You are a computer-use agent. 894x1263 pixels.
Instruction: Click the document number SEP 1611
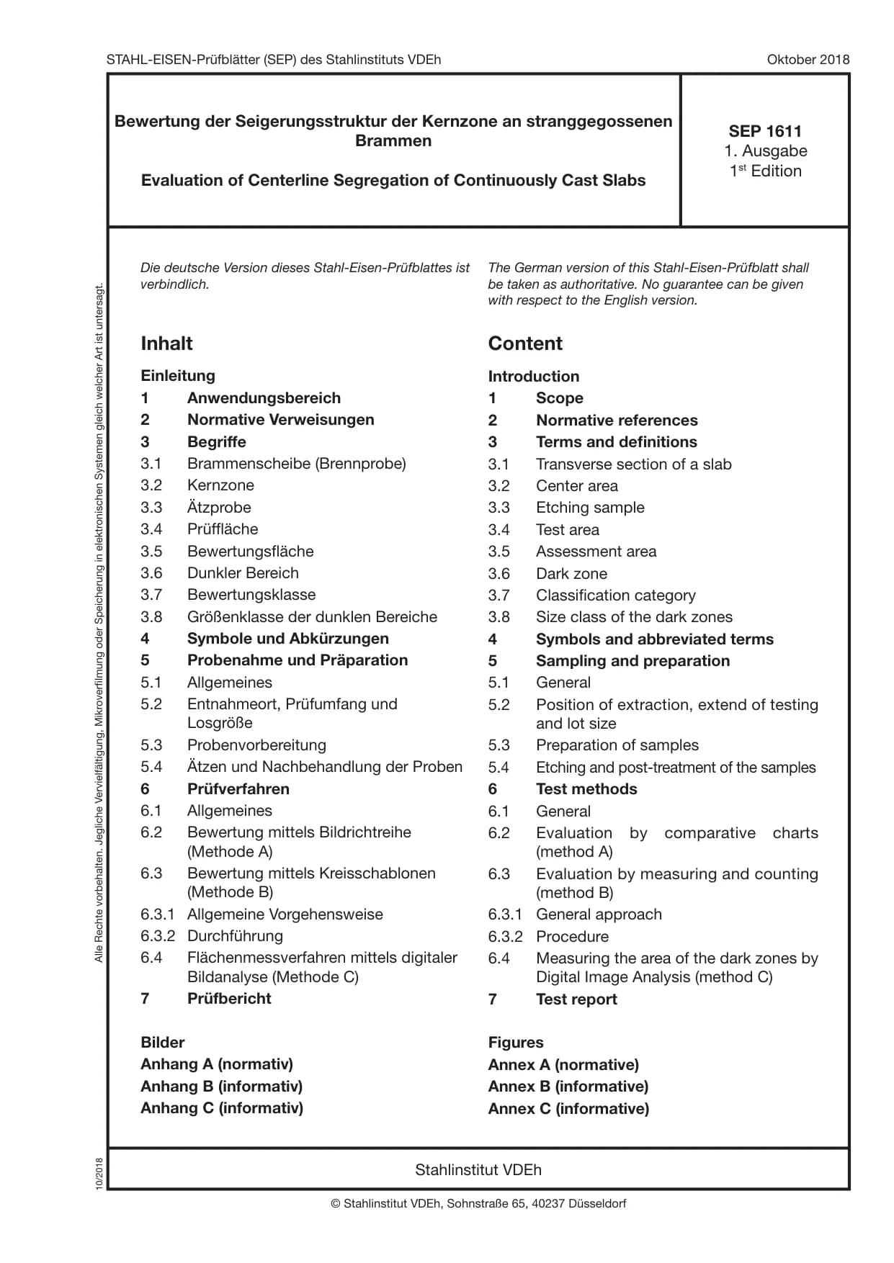point(764,131)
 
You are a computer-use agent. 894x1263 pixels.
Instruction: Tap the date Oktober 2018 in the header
point(808,60)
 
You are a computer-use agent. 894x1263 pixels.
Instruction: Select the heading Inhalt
point(166,343)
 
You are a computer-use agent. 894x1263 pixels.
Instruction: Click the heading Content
point(524,343)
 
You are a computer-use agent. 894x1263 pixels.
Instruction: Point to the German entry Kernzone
point(220,485)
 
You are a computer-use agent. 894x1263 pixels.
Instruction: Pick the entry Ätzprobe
point(219,507)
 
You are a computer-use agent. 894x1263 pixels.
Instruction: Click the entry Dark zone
point(571,574)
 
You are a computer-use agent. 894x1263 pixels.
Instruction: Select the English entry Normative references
point(617,421)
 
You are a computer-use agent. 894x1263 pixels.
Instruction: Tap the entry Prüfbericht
point(229,999)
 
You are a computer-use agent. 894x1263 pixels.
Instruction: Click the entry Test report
point(576,999)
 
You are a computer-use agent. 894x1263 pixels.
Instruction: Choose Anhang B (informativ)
point(221,1087)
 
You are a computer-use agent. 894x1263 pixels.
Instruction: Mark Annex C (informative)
point(568,1109)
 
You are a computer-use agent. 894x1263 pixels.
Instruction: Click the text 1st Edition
point(765,171)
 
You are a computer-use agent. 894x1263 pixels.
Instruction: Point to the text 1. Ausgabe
point(765,151)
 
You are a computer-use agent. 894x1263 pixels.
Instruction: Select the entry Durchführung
point(235,936)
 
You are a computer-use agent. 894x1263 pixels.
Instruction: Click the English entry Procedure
point(572,937)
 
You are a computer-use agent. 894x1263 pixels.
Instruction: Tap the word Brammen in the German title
point(393,141)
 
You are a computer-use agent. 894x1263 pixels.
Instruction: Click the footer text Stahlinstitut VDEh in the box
point(478,1170)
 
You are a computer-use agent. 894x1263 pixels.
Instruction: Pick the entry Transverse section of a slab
point(633,464)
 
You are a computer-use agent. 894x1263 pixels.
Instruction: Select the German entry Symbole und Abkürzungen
point(287,639)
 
